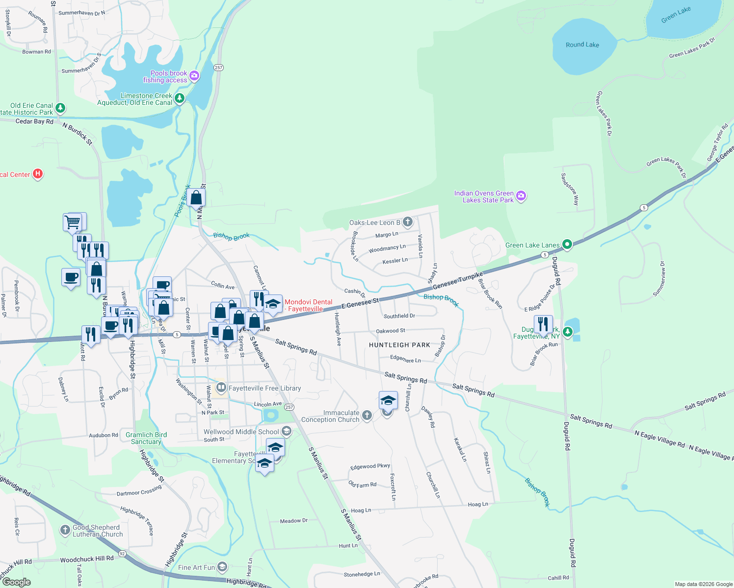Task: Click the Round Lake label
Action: (582, 45)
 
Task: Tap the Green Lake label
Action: (676, 15)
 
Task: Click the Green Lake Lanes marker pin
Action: (567, 245)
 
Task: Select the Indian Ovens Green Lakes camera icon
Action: (521, 196)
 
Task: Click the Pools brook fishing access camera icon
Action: (194, 75)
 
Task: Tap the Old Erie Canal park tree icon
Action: (60, 108)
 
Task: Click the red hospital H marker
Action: (38, 174)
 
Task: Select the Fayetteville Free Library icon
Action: (221, 388)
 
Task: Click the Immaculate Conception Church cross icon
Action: (367, 416)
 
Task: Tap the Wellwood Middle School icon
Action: (287, 431)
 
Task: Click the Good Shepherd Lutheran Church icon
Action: (65, 530)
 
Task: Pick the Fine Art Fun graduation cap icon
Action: (222, 567)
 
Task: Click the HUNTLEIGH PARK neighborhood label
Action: (399, 345)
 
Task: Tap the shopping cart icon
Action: (73, 222)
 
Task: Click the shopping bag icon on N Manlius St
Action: (196, 197)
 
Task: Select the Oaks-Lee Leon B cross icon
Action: (408, 222)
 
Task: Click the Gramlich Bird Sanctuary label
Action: (146, 438)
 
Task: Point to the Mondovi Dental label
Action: (308, 305)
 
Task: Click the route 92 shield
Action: (122, 553)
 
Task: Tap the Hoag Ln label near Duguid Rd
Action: (478, 504)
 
